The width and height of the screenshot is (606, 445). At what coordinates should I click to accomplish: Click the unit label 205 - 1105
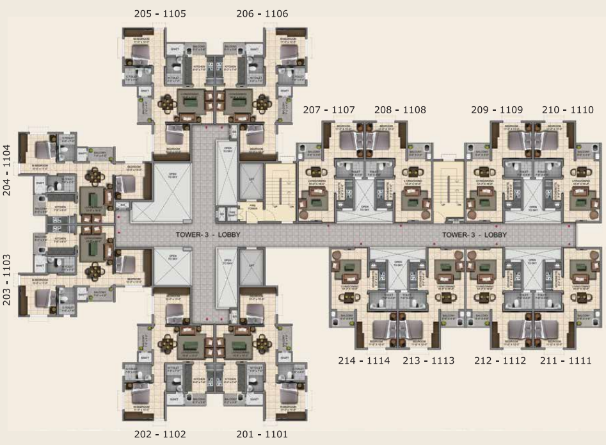pos(160,13)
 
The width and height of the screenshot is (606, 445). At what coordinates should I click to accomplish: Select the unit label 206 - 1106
pos(262,13)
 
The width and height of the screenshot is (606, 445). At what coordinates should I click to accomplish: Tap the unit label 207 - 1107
pos(329,110)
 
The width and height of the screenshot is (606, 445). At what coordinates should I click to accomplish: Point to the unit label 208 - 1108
pos(400,110)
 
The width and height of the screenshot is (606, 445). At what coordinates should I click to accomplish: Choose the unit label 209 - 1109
pos(497,110)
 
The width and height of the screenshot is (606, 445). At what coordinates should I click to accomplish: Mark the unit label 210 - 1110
pos(568,110)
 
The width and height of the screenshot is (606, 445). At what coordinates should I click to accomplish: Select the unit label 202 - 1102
pos(160,435)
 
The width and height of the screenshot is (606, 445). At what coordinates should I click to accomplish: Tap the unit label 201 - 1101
pos(262,435)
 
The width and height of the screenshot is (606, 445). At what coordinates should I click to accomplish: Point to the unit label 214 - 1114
pos(363,360)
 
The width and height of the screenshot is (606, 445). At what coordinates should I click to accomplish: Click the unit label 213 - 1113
pos(428,360)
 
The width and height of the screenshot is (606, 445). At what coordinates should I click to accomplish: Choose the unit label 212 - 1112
pos(500,360)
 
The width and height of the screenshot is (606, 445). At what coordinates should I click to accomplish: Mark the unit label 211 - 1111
pos(566,360)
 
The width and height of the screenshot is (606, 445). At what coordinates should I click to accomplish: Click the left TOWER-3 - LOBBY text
pos(208,235)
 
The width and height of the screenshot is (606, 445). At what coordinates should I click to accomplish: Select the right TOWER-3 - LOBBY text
pos(474,235)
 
